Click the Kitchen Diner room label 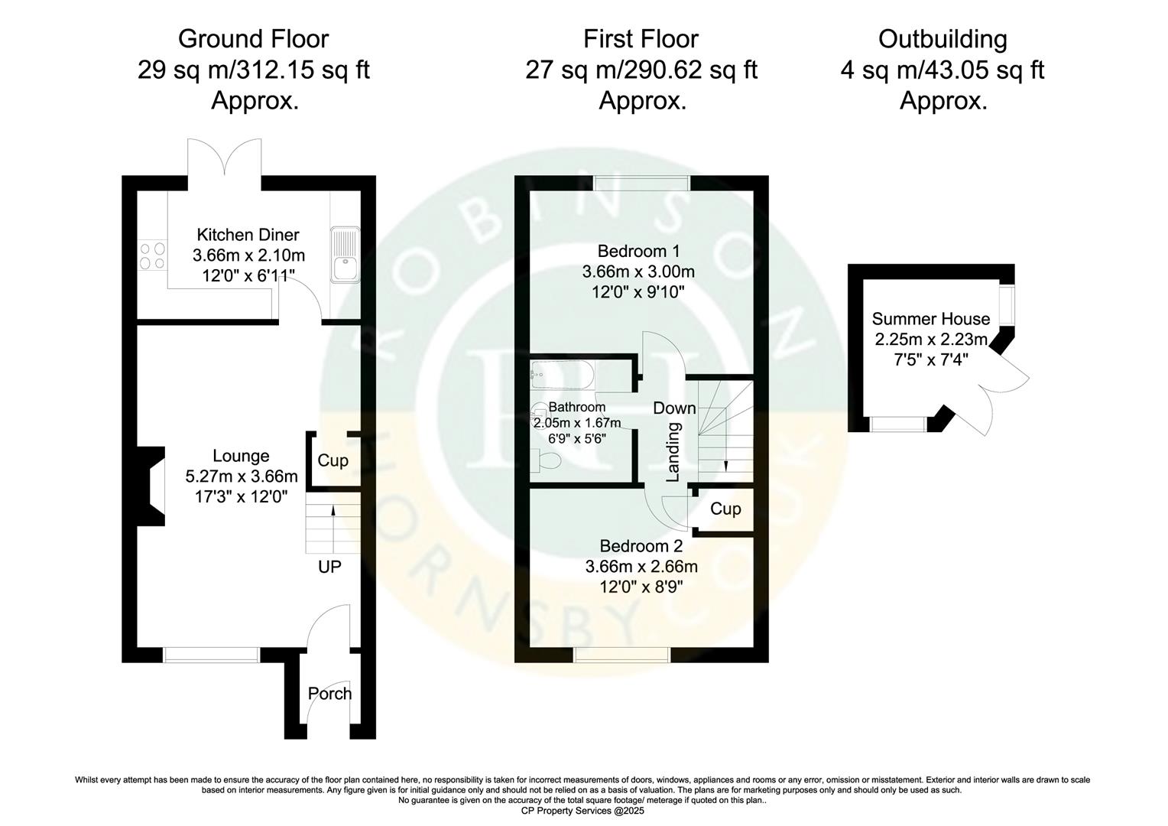tap(248, 235)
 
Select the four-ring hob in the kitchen tap(151, 255)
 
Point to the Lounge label tap(241, 457)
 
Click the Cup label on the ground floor tap(333, 460)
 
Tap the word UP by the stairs tap(329, 567)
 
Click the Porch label tap(329, 694)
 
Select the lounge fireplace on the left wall tap(152, 486)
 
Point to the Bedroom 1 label tap(638, 251)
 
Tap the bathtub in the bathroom tap(563, 375)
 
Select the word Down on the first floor tap(674, 408)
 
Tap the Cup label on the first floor tap(725, 509)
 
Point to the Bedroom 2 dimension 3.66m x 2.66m tap(641, 567)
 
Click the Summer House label tap(930, 319)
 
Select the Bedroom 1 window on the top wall tap(642, 183)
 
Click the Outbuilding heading tap(942, 39)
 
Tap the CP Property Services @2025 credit tap(583, 811)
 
